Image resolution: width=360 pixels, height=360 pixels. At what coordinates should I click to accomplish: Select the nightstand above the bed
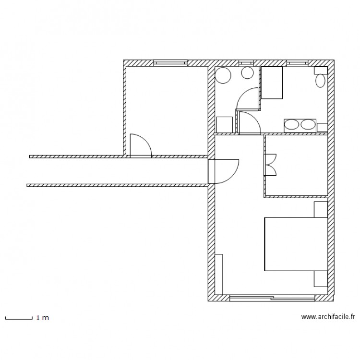pos(321,209)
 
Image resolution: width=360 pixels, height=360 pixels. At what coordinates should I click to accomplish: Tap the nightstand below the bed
pos(321,278)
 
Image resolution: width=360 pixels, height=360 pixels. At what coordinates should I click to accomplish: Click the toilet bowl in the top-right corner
pos(321,80)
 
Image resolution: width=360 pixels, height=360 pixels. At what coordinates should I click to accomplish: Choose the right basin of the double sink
pos(308,125)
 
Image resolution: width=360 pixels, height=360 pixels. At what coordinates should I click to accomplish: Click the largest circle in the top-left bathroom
pos(223,75)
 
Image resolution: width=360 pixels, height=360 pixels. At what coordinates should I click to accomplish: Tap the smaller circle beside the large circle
pos(247,73)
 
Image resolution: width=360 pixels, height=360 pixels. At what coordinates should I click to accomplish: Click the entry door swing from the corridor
pos(226,171)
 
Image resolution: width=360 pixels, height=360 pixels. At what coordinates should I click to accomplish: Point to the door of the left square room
pos(140,146)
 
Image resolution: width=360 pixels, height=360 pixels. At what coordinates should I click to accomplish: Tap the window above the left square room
pos(170,63)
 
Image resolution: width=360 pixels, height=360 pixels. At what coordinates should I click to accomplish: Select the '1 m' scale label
pos(42,318)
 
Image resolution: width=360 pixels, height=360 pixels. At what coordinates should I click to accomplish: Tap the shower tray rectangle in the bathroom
pos(272,83)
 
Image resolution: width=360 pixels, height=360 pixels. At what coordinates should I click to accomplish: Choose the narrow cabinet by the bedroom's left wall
pos(219,274)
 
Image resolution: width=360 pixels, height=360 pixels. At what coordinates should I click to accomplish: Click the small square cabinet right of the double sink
pos(322,127)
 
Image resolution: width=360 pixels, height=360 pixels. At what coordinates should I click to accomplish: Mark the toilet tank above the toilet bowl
pos(321,70)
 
